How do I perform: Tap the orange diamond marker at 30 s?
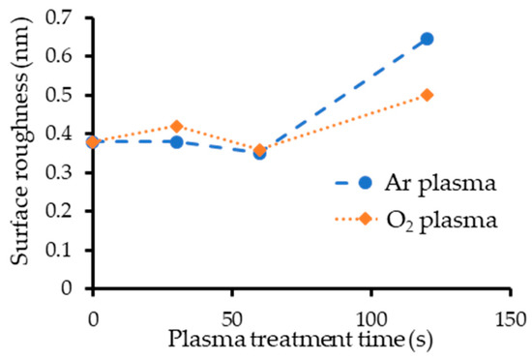(176, 127)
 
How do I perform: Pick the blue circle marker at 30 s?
(176, 142)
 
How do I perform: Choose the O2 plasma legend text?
(441, 221)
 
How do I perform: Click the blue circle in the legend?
(365, 183)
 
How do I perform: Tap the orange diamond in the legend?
(365, 220)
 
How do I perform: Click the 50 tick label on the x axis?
(231, 317)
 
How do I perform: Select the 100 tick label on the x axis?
(370, 317)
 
